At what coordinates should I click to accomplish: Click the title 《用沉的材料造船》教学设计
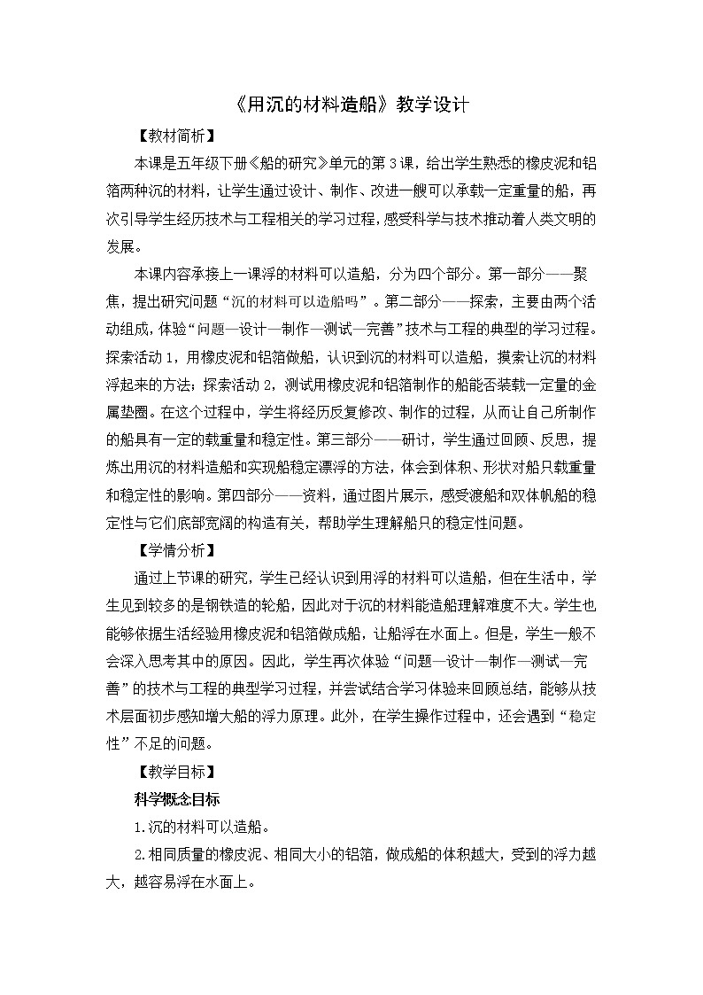tap(351, 105)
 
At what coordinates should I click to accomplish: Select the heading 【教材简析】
tap(171, 137)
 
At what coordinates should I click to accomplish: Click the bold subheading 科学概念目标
tap(171, 798)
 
